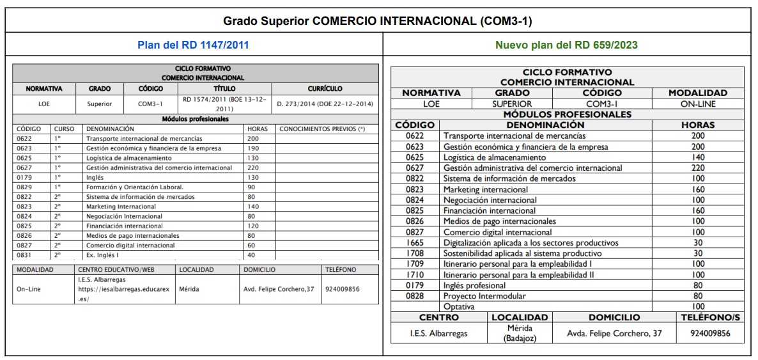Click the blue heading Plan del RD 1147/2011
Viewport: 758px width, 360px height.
[193, 45]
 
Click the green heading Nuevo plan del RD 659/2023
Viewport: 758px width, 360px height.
[566, 45]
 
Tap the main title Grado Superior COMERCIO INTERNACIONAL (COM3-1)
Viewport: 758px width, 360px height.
[378, 20]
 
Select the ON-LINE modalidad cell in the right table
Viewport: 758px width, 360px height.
[697, 104]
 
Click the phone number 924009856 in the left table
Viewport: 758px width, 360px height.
[343, 289]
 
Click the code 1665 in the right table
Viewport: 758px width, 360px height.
[415, 243]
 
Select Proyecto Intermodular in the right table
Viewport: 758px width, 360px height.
[484, 296]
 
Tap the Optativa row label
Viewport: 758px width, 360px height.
[459, 306]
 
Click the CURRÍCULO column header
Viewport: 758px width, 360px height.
[325, 89]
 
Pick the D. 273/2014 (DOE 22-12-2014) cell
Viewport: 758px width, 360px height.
[325, 104]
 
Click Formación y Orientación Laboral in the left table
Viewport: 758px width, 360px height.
[135, 187]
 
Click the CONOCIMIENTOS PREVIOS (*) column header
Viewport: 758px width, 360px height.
[322, 129]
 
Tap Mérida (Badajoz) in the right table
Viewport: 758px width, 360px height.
[519, 333]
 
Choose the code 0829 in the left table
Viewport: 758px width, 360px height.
[24, 187]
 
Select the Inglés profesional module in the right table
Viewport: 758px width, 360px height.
[474, 285]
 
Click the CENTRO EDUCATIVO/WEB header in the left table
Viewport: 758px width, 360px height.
[116, 270]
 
